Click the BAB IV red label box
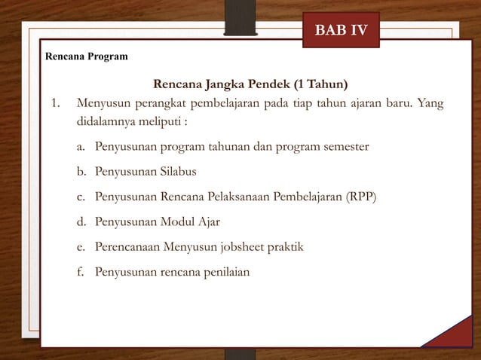coord(341,31)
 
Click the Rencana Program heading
coord(87,56)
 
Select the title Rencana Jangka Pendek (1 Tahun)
coord(251,83)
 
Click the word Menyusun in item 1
coord(102,103)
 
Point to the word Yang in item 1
coord(430,103)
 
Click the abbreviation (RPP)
coord(361,197)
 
